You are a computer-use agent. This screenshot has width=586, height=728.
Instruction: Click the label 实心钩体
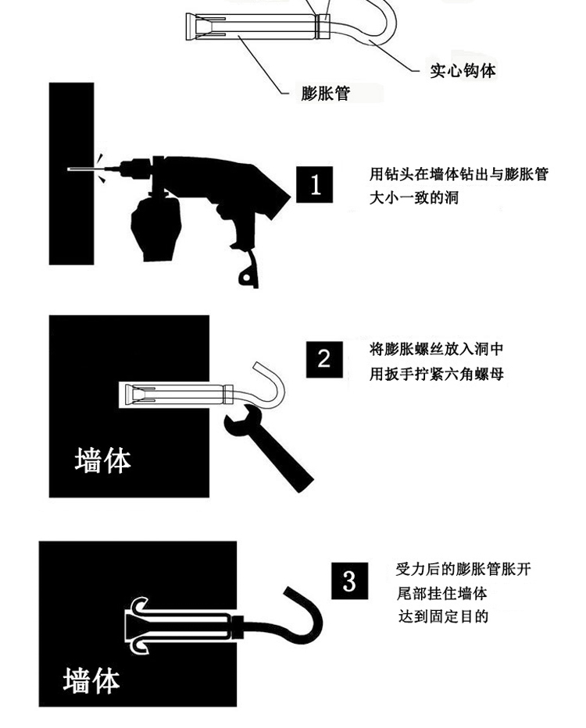pyautogui.click(x=463, y=70)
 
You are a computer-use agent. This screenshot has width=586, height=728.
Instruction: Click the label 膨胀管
pyautogui.click(x=326, y=93)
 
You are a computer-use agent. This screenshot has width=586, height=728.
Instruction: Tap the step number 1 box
pyautogui.click(x=315, y=184)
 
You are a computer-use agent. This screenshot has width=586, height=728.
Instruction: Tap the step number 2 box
pyautogui.click(x=324, y=360)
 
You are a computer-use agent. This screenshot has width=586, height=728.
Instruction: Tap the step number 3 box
pyautogui.click(x=349, y=581)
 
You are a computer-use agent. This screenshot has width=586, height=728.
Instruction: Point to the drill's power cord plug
pyautogui.click(x=248, y=274)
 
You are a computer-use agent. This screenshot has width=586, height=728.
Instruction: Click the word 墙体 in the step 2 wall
pyautogui.click(x=103, y=460)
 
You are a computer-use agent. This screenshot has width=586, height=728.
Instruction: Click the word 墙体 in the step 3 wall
pyautogui.click(x=91, y=680)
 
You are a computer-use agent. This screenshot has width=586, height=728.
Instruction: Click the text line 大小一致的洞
pyautogui.click(x=414, y=197)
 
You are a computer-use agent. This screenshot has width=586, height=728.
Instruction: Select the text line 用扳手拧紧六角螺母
pyautogui.click(x=436, y=373)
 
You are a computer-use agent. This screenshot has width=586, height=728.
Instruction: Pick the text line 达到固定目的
pyautogui.click(x=443, y=616)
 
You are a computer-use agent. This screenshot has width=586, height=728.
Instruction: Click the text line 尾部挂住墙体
pyautogui.click(x=441, y=593)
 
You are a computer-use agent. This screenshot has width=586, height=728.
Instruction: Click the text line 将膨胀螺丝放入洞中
pyautogui.click(x=436, y=349)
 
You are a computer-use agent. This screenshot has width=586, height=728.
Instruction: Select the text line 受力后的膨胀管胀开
pyautogui.click(x=463, y=569)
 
